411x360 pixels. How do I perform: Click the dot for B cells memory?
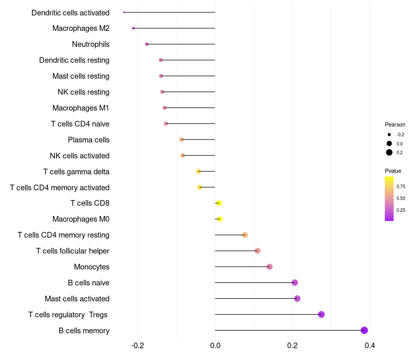pos(364,330)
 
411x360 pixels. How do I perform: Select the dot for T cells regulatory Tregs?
pos(322,314)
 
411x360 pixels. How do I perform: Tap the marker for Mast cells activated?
pos(297,298)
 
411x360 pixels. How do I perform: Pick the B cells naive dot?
pos(295,282)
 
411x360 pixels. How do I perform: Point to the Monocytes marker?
pos(270,266)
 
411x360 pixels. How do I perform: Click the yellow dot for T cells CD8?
pos(219,203)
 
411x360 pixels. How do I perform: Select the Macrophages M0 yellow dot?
pos(220,219)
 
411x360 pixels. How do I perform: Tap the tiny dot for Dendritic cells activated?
pos(124,12)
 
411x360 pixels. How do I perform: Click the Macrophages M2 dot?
pos(134,28)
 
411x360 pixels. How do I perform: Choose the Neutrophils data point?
pos(147,44)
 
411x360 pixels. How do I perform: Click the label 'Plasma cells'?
pos(88,140)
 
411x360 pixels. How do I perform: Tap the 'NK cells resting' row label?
pos(83,92)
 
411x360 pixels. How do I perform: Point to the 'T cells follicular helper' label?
pos(72,251)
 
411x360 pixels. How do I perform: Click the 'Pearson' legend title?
pos(395,124)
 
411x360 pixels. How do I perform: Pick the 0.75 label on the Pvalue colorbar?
pos(401,187)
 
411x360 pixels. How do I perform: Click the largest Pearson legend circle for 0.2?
pos(389,152)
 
